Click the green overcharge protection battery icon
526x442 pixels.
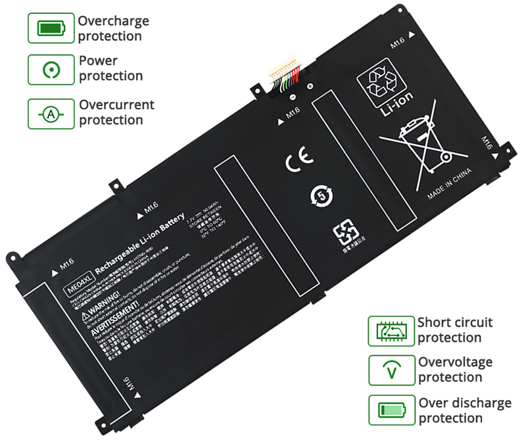click(x=51, y=28)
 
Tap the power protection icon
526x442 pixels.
click(x=51, y=69)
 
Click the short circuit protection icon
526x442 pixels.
click(x=392, y=330)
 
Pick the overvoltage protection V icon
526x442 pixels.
click(x=392, y=370)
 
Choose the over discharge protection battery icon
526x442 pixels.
click(x=392, y=410)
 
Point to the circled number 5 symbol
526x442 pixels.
click(x=322, y=195)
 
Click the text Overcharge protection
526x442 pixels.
click(x=113, y=28)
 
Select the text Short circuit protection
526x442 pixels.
click(x=455, y=330)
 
